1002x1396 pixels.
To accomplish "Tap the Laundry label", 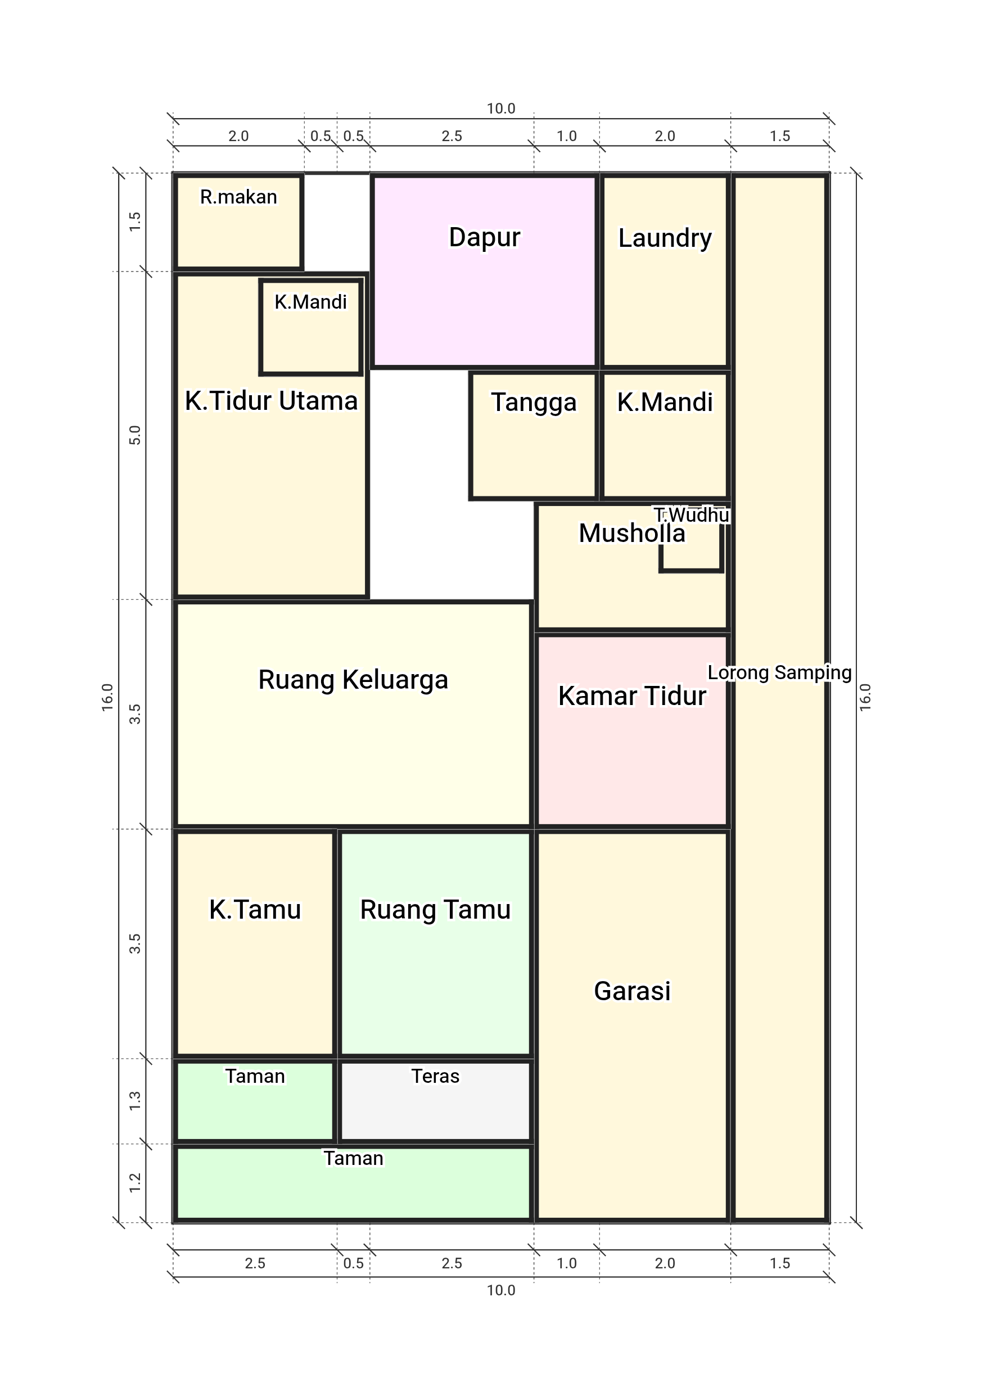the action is (665, 238).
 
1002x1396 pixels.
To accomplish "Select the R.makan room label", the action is (238, 197).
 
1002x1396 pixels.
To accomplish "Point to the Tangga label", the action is (534, 403).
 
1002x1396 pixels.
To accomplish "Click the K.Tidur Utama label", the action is (271, 401).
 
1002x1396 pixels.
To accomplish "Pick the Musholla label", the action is (632, 533).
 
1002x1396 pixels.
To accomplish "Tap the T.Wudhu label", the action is (692, 514).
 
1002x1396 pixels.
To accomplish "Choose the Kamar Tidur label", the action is (632, 696).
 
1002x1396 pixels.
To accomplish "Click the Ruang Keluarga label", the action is (353, 680).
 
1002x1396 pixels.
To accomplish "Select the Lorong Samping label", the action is (779, 673).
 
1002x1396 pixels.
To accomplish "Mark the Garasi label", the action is (632, 991).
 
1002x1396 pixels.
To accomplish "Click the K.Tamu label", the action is (255, 910).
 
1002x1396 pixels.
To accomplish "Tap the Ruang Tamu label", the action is (435, 910).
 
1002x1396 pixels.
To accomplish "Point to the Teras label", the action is (435, 1076).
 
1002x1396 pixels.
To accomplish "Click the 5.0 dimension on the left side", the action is (135, 435).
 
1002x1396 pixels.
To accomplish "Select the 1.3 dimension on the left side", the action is (135, 1101).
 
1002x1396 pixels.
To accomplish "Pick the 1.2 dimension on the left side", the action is (135, 1183).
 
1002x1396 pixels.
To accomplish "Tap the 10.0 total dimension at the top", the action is (501, 109).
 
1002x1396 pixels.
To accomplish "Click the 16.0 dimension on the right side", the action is (865, 697).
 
